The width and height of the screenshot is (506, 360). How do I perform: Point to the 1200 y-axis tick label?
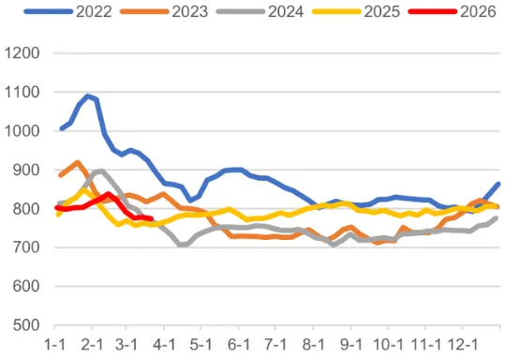coord(21,53)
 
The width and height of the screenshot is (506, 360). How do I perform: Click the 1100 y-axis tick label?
coord(21,92)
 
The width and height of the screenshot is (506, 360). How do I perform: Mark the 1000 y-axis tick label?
coord(21,131)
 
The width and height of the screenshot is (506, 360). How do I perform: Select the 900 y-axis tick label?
coord(24,170)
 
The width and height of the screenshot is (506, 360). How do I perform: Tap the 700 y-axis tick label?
coord(24,247)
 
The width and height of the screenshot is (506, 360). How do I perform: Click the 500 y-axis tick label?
coord(24,325)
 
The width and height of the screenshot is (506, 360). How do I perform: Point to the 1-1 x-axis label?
coord(56,345)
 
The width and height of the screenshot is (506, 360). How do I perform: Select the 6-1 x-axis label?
coord(239,345)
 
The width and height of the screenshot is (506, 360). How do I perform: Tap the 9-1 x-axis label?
coord(350,345)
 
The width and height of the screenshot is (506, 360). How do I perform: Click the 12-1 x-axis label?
coord(459,345)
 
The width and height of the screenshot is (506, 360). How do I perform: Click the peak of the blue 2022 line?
coord(88,96)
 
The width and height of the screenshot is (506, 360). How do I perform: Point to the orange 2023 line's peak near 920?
coord(77,162)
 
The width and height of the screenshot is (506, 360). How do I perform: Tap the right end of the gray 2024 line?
coord(498,217)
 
